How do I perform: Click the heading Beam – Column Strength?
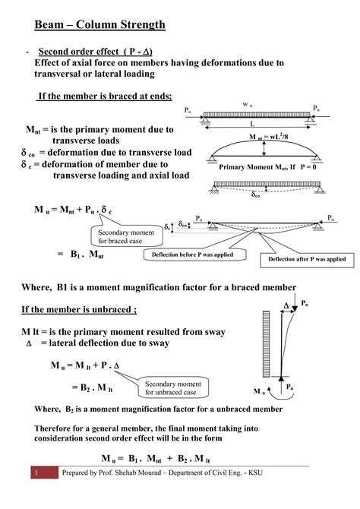(99, 25)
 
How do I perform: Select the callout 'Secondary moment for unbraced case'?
(172, 388)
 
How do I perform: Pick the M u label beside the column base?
(260, 392)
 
